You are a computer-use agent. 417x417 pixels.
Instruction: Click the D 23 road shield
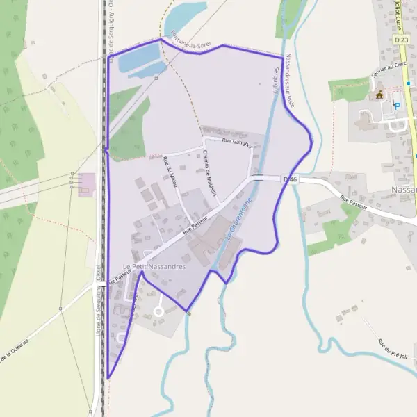(x=401, y=41)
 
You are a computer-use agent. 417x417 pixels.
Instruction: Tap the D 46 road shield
(x=291, y=179)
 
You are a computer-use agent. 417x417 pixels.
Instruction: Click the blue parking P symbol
(x=397, y=106)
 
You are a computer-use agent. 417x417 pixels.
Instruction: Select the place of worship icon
(x=379, y=94)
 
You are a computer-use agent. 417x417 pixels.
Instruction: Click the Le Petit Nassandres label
(x=155, y=267)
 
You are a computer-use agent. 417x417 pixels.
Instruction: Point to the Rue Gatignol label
(x=236, y=142)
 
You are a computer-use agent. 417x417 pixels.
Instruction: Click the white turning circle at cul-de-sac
(x=158, y=311)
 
